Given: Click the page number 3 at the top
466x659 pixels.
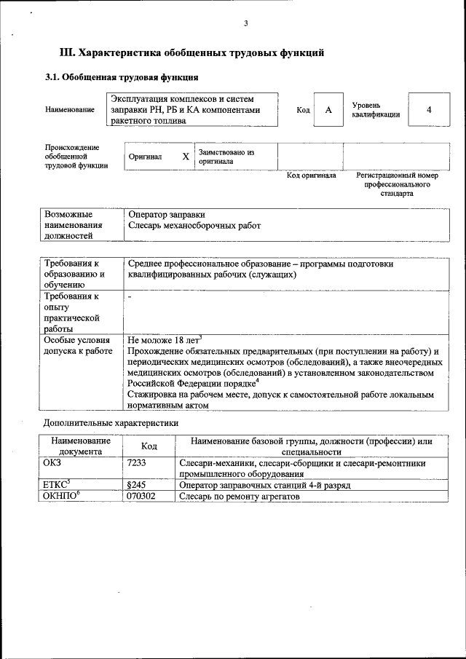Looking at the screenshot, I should [x=246, y=24].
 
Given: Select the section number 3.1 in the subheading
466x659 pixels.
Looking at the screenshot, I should [x=52, y=77].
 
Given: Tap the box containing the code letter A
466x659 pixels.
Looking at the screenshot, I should [x=328, y=109].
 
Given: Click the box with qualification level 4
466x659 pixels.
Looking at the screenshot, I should [x=429, y=109].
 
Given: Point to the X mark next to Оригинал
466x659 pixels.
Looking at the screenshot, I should [x=186, y=157].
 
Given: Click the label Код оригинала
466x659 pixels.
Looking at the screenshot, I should [x=311, y=175].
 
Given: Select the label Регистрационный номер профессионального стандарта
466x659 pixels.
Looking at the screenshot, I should [x=397, y=184].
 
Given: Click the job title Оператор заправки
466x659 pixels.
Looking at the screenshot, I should [x=166, y=215].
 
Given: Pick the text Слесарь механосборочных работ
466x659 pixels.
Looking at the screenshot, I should [x=194, y=226].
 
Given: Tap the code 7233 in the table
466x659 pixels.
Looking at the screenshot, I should [x=137, y=463].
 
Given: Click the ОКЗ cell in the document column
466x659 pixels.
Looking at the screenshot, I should [x=54, y=463].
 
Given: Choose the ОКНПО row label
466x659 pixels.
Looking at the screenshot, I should [x=61, y=496].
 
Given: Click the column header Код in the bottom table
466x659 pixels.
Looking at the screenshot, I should [x=149, y=446].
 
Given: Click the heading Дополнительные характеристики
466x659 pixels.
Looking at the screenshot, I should [x=111, y=422].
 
